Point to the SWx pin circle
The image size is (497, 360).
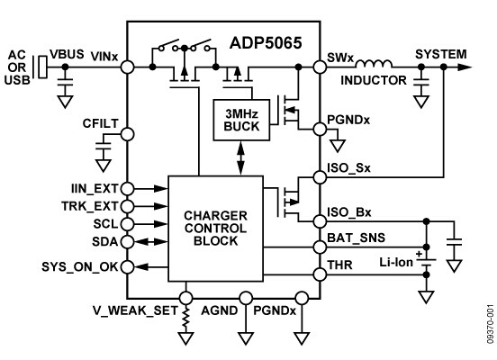click(319, 67)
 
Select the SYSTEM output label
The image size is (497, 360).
click(441, 54)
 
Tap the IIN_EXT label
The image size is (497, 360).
click(88, 189)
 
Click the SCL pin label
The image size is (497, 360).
click(102, 223)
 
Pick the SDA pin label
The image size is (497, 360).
click(102, 240)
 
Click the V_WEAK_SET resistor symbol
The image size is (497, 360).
click(185, 317)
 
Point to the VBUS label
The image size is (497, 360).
click(67, 54)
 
